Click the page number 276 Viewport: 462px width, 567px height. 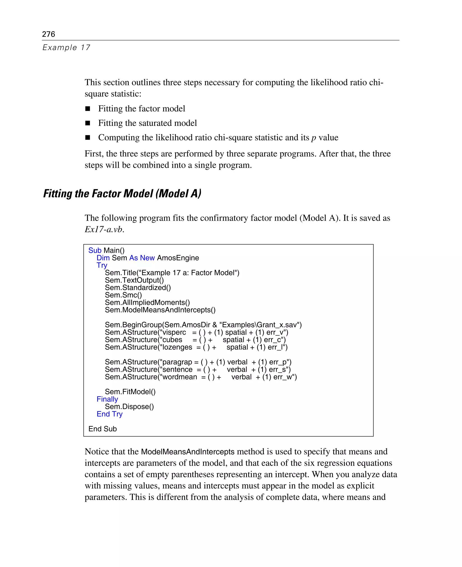(x=49, y=34)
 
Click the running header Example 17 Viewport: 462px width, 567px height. (x=66, y=48)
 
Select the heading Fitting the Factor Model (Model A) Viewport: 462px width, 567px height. (x=122, y=194)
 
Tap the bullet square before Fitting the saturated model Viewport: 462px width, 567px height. (x=88, y=123)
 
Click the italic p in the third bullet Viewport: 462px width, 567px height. (x=314, y=138)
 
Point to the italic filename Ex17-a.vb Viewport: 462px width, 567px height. (x=104, y=229)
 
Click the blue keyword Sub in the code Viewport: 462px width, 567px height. (x=95, y=250)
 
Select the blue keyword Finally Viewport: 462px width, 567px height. (x=107, y=399)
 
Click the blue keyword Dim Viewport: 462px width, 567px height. (x=103, y=258)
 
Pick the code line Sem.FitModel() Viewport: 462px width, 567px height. (x=130, y=392)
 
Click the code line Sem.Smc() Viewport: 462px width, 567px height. (x=123, y=295)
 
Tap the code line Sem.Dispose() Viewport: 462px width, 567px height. (x=129, y=407)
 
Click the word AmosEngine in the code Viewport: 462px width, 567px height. (x=178, y=258)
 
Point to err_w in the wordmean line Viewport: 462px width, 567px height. (x=283, y=377)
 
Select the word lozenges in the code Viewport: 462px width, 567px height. (x=177, y=347)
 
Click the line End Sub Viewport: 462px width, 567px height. (x=102, y=429)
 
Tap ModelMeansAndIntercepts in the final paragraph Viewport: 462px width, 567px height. (x=188, y=452)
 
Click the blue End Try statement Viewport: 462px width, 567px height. (x=109, y=414)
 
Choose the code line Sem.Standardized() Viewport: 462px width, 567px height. (x=138, y=288)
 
